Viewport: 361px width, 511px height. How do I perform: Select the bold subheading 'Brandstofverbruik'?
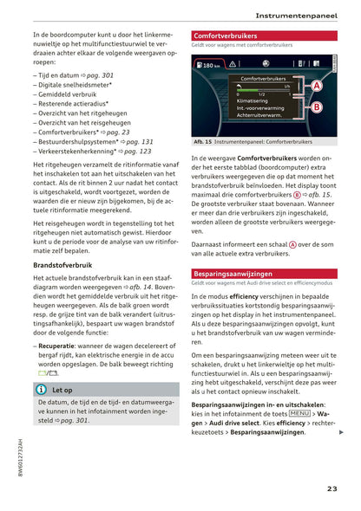(63, 264)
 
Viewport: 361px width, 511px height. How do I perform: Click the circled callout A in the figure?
(316, 86)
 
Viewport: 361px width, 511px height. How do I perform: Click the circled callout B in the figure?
(316, 107)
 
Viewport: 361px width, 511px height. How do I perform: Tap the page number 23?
(332, 488)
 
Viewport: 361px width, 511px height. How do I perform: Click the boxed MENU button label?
(299, 414)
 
